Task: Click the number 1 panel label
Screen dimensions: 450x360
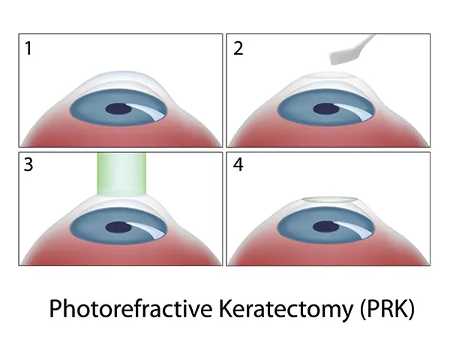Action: click(28, 48)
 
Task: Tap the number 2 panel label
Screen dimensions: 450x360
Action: click(238, 48)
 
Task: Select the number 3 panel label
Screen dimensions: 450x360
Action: click(28, 165)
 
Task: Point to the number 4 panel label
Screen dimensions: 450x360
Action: click(238, 165)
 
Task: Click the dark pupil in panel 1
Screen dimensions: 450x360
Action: click(118, 109)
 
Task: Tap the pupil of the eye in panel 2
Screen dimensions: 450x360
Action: click(326, 109)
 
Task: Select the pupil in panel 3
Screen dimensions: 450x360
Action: click(118, 228)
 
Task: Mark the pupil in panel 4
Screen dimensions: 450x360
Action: click(326, 227)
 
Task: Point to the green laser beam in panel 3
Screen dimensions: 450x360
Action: click(121, 174)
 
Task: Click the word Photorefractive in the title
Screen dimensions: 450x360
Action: click(130, 309)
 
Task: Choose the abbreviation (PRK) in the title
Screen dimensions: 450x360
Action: click(388, 309)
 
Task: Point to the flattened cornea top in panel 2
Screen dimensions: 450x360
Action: click(330, 76)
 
